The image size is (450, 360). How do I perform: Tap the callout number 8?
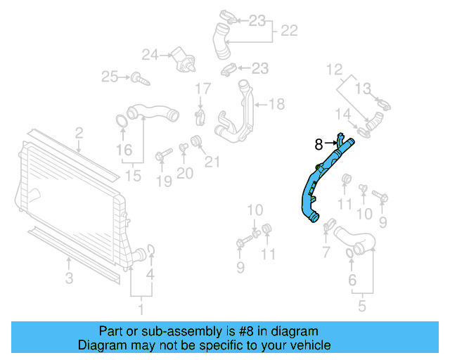(x=319, y=144)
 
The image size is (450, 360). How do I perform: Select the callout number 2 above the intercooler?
(x=79, y=132)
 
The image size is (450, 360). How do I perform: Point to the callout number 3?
(x=69, y=278)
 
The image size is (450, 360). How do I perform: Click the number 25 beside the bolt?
(x=109, y=76)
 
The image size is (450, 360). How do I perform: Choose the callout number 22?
(x=289, y=31)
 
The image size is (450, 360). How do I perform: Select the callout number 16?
(x=124, y=149)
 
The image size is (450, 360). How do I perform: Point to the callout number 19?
(x=162, y=183)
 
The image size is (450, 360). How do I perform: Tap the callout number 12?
(x=333, y=69)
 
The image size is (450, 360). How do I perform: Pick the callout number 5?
(x=361, y=306)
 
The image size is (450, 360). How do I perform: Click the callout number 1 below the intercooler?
(x=140, y=307)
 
